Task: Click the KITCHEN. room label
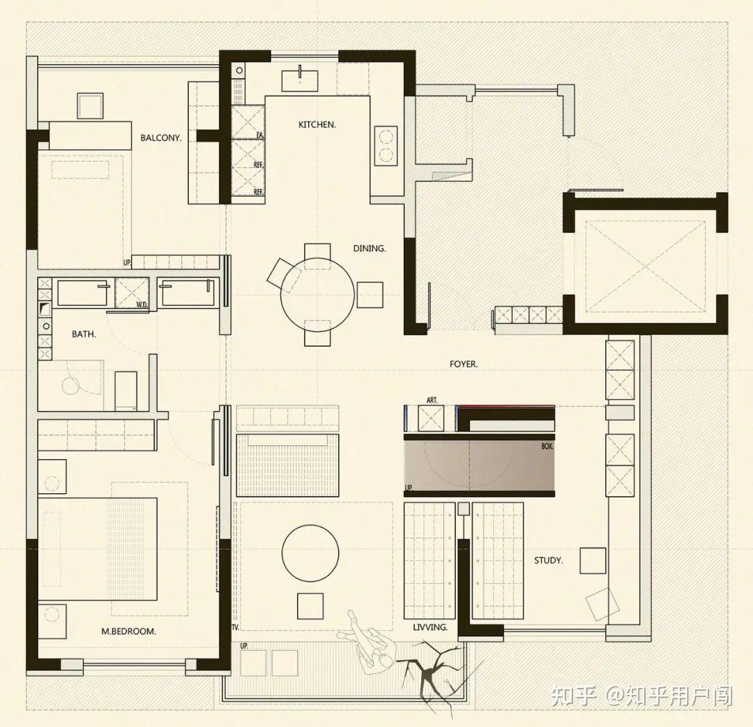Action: (317, 124)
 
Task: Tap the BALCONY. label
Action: (161, 138)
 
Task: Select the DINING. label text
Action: (370, 248)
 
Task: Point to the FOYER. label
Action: (464, 364)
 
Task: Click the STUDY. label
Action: (549, 560)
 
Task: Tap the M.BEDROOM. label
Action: (129, 631)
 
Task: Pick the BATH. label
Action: (84, 334)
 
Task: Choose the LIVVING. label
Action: (430, 627)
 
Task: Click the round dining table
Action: (317, 294)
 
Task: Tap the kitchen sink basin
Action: (300, 81)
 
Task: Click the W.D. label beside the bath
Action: (142, 304)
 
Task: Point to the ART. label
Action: (432, 400)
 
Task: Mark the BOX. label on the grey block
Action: (547, 447)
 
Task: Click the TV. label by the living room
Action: (236, 627)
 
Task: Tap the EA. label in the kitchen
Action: (260, 135)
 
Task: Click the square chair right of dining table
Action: (370, 295)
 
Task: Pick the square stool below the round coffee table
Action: (310, 606)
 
